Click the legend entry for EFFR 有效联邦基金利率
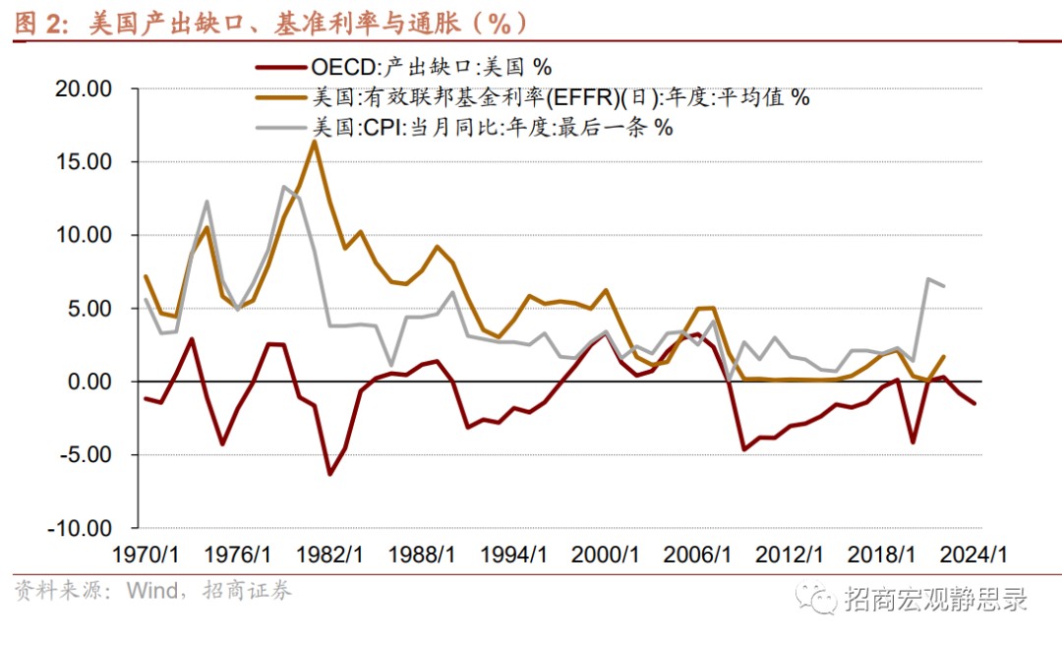click(560, 97)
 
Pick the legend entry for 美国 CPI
click(492, 127)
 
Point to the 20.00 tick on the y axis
click(85, 89)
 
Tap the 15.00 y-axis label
click(85, 162)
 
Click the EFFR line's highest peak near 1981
click(314, 142)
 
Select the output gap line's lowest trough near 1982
click(329, 474)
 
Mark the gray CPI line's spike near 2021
click(927, 279)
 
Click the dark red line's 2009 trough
click(744, 449)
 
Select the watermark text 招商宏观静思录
click(935, 597)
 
